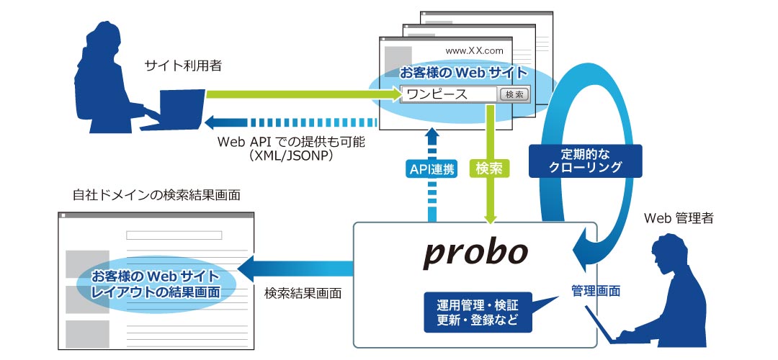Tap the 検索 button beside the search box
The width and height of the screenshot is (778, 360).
pyautogui.click(x=514, y=94)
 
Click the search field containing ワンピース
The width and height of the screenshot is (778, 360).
pyautogui.click(x=449, y=94)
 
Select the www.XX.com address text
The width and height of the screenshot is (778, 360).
pyautogui.click(x=474, y=50)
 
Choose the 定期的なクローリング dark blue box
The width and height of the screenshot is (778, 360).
pyautogui.click(x=586, y=161)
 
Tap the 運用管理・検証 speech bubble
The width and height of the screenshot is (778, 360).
pyautogui.click(x=478, y=312)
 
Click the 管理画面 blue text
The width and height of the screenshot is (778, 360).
pyautogui.click(x=596, y=291)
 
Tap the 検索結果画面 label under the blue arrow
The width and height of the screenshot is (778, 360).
pyautogui.click(x=303, y=293)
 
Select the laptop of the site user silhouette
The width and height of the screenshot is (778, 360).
pyautogui.click(x=173, y=109)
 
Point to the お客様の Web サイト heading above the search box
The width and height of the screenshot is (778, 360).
pyautogui.click(x=464, y=73)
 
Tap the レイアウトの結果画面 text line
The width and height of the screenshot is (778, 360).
pyautogui.click(x=156, y=292)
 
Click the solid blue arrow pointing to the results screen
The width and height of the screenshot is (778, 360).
pyautogui.click(x=295, y=269)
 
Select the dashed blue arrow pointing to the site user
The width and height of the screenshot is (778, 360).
pyautogui.click(x=291, y=122)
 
